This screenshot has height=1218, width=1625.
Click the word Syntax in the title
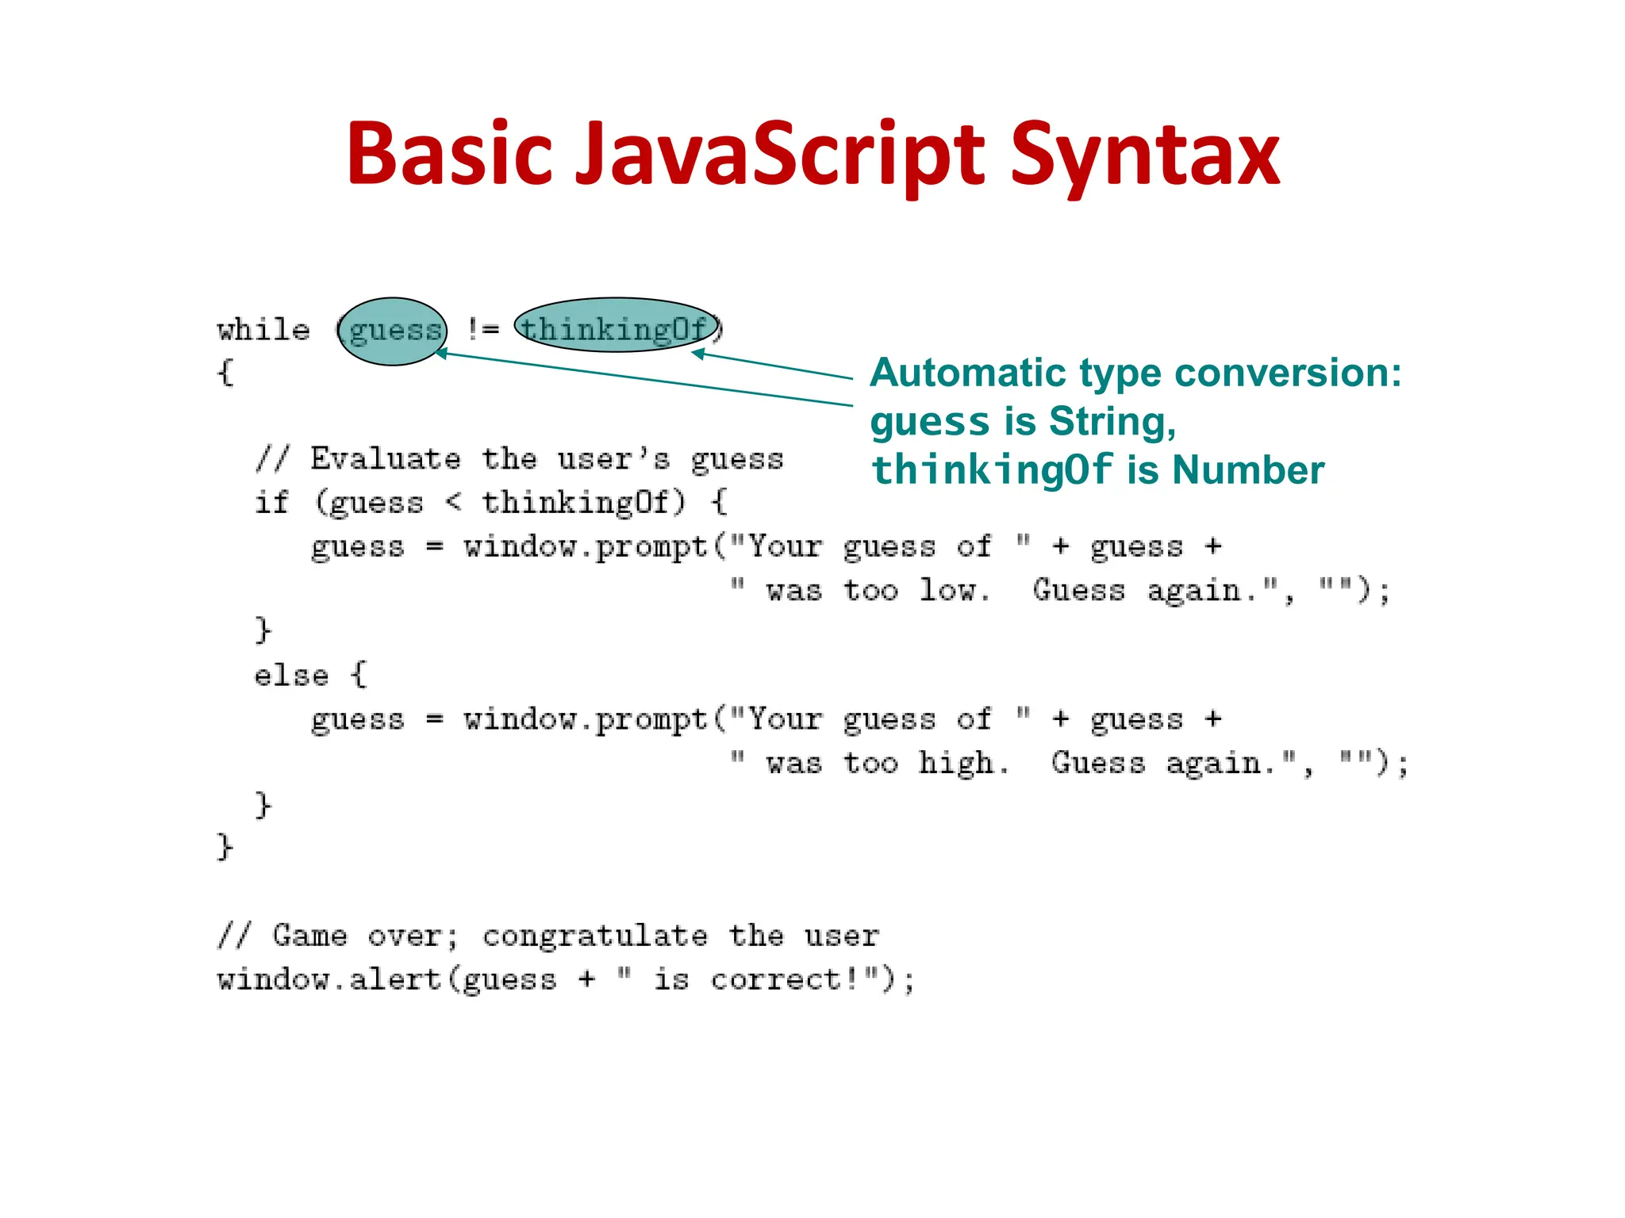tap(1144, 155)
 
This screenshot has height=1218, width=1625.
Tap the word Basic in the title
tap(449, 155)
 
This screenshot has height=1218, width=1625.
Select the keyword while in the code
tap(263, 330)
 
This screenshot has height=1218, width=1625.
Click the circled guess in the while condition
tap(394, 330)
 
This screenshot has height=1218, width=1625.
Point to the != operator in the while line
tap(482, 328)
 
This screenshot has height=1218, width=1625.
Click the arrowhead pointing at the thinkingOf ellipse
tap(697, 353)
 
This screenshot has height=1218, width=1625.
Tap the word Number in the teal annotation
tap(1248, 470)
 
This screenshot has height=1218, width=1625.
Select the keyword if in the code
tap(271, 503)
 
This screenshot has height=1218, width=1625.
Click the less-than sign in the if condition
tap(453, 501)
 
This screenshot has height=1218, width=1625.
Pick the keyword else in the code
tap(290, 676)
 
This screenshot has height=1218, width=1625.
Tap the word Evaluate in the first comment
tap(386, 459)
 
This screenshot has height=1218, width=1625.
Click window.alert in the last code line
tap(328, 980)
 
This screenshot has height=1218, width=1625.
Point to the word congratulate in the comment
tap(594, 936)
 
